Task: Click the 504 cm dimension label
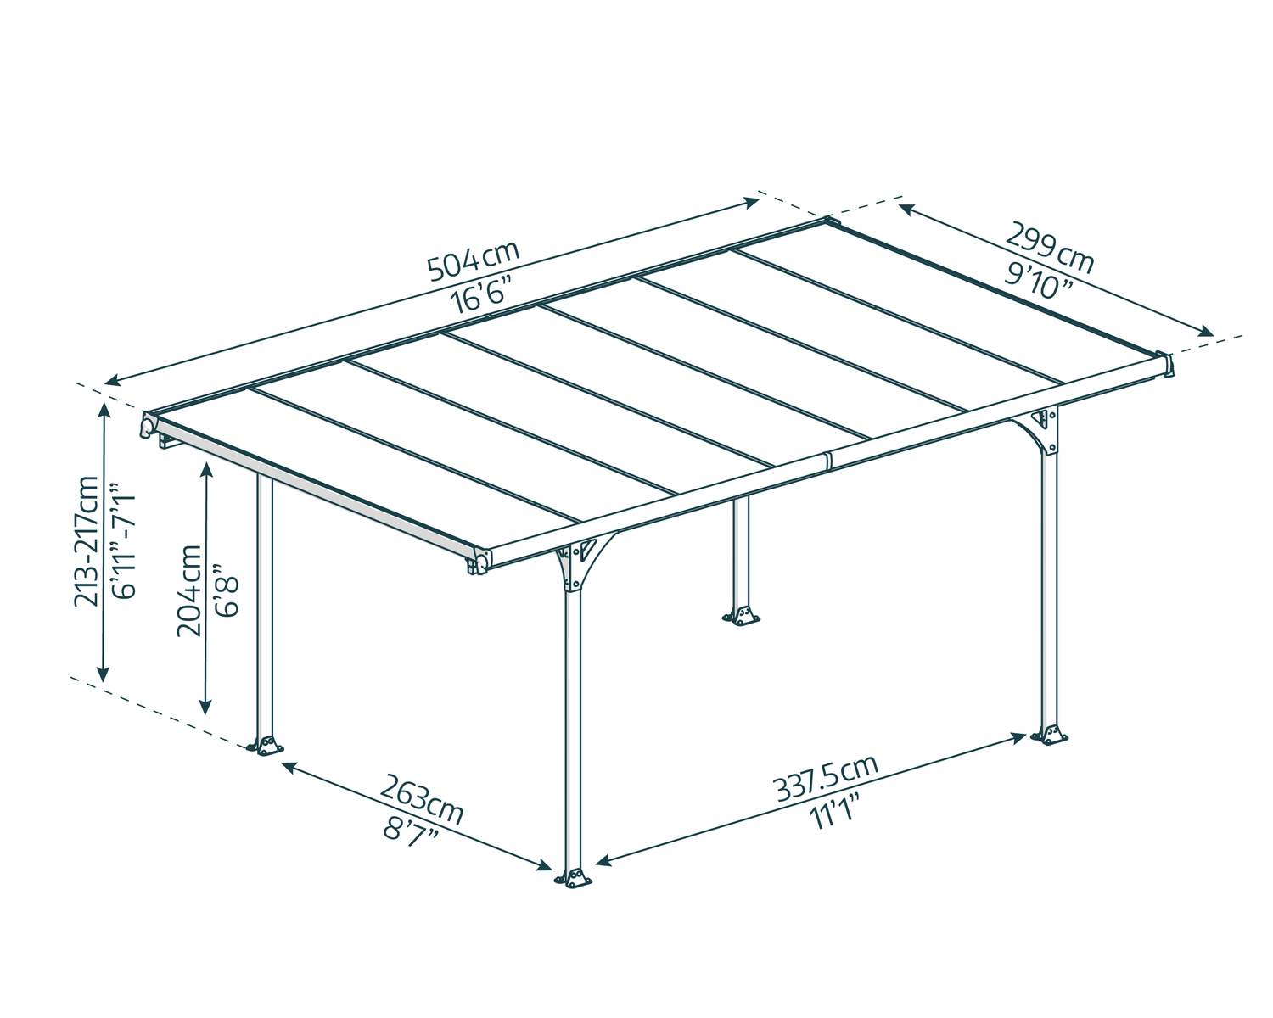click(474, 260)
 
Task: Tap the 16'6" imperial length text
click(479, 295)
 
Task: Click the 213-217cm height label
click(87, 541)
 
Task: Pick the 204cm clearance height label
click(189, 590)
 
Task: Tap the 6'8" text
click(227, 590)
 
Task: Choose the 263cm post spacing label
click(421, 800)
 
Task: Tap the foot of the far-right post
click(1050, 735)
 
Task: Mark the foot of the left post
click(266, 746)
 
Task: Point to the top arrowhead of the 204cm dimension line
click(205, 470)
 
